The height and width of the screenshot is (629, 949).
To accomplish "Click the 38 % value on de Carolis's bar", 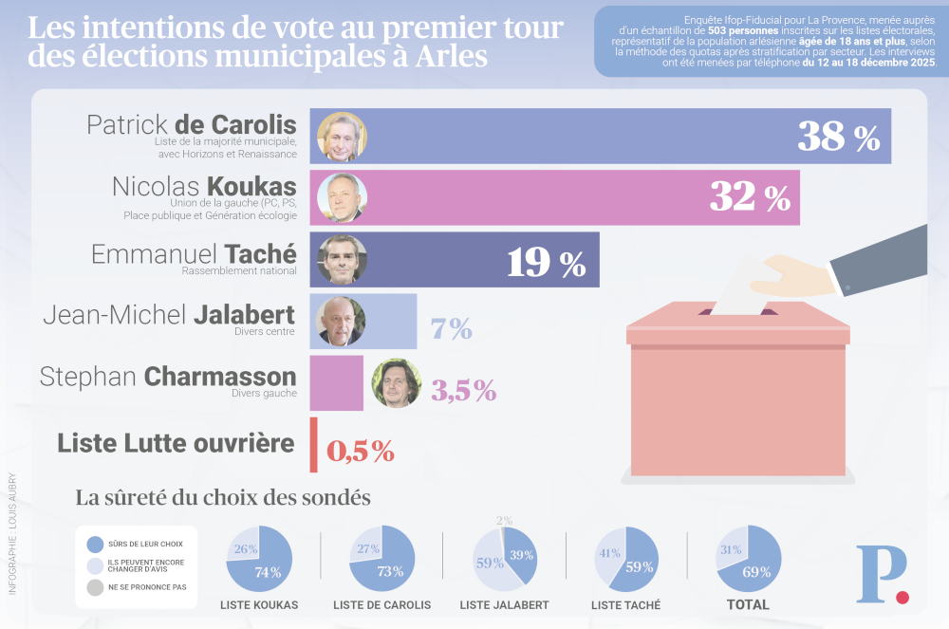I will pyautogui.click(x=838, y=137).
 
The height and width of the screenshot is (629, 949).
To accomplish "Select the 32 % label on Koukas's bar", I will pyautogui.click(x=750, y=197).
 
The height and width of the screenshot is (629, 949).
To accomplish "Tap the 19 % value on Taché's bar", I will pyautogui.click(x=546, y=261).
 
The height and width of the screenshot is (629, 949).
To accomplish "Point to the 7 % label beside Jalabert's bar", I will pyautogui.click(x=452, y=328).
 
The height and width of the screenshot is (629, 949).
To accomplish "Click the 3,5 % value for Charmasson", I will pyautogui.click(x=463, y=389).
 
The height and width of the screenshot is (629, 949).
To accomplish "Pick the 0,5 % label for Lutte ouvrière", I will pyautogui.click(x=361, y=451).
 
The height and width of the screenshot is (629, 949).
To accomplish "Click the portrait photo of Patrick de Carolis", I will pyautogui.click(x=341, y=137).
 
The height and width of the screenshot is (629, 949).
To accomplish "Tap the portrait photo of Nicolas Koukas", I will pyautogui.click(x=341, y=197).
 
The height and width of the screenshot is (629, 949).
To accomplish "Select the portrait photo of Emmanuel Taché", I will pyautogui.click(x=341, y=259).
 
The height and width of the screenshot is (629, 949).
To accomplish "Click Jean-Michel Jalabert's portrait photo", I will pyautogui.click(x=341, y=321).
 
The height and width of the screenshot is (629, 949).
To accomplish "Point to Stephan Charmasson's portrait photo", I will pyautogui.click(x=396, y=383).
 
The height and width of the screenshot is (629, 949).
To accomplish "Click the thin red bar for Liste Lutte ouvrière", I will pyautogui.click(x=313, y=445).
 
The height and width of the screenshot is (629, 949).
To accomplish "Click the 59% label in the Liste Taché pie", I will pyautogui.click(x=640, y=568).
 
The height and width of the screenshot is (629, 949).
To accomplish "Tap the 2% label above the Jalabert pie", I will pyautogui.click(x=504, y=520).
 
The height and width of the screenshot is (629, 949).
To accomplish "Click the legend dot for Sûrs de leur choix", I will pyautogui.click(x=94, y=545).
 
